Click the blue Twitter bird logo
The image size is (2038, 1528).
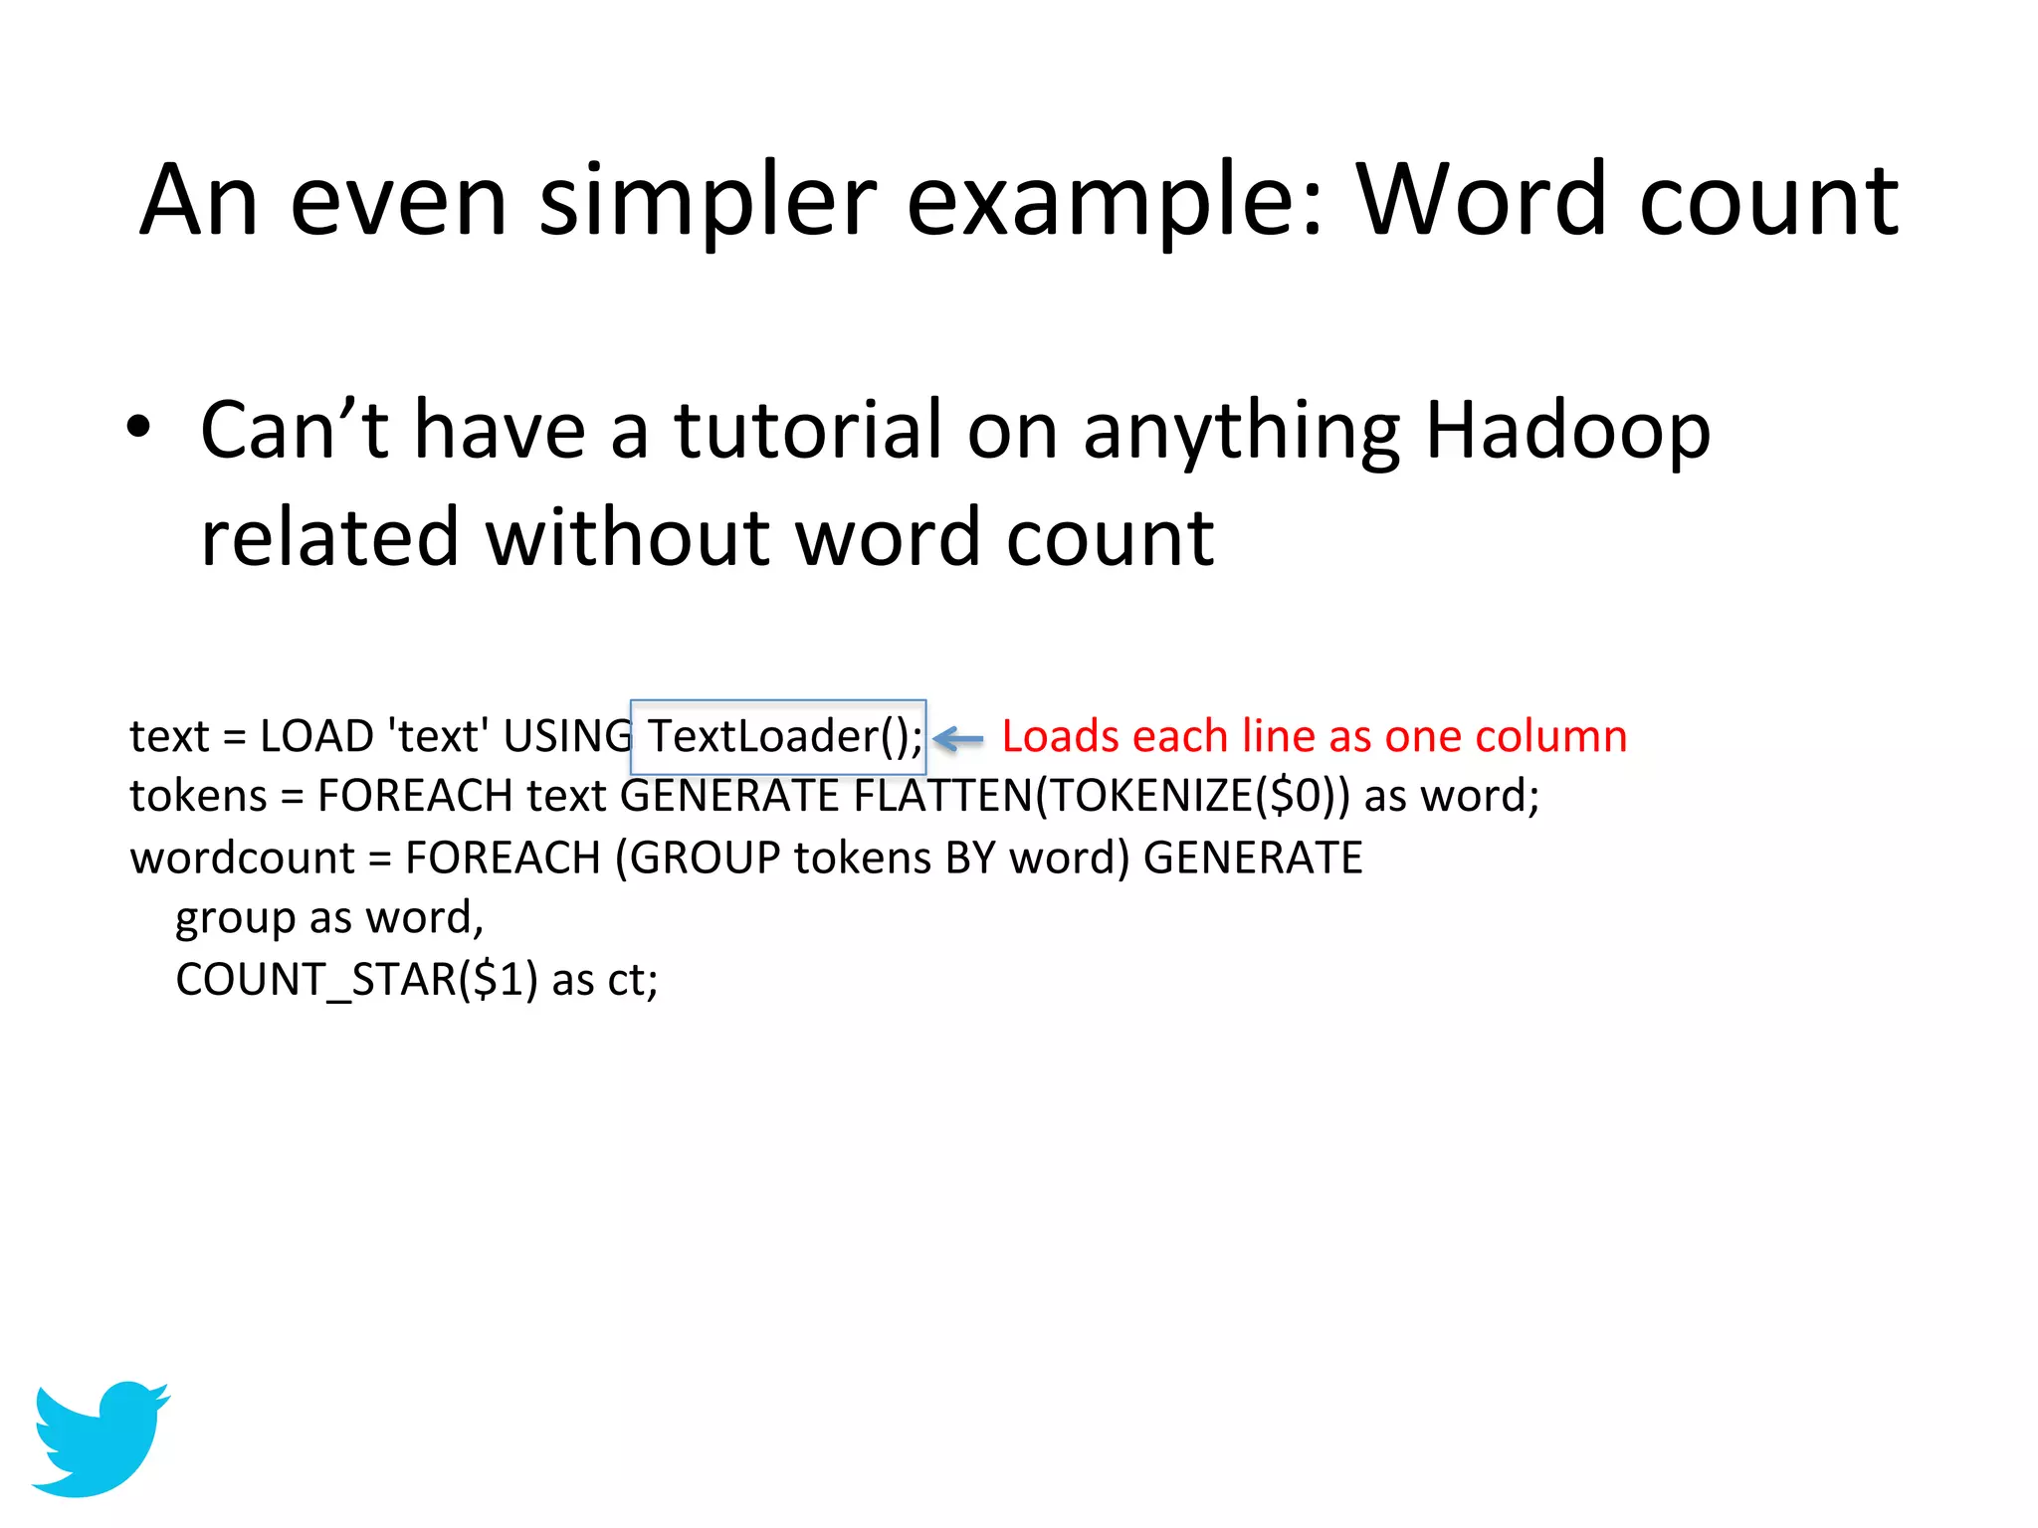coord(100,1436)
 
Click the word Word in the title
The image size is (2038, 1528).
coord(1483,201)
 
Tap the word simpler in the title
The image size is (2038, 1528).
coord(708,201)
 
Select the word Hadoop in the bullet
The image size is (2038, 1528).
coord(1567,430)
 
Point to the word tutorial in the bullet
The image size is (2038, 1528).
coord(807,430)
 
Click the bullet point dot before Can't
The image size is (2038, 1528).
coord(139,428)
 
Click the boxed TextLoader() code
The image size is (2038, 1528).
coord(778,737)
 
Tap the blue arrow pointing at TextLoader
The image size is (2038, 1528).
coord(958,738)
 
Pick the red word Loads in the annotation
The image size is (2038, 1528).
coord(1060,737)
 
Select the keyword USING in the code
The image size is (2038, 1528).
coord(567,737)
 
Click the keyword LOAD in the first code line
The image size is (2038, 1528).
coord(316,737)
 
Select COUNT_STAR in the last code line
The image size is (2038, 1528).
coord(315,980)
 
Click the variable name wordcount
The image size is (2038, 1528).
coord(242,859)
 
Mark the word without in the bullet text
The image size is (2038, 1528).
coord(627,538)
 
